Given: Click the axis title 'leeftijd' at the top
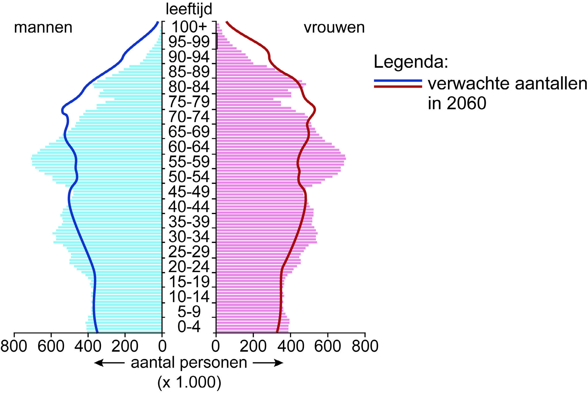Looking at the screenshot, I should [x=189, y=9].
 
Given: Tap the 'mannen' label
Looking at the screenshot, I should [x=43, y=28].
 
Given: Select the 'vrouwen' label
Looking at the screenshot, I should [x=334, y=28].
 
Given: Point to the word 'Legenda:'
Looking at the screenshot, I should [x=411, y=62].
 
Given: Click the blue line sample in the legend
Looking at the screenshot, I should [x=398, y=81].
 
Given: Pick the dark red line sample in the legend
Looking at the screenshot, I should [x=398, y=86].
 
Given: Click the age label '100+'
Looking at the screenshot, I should [x=189, y=27].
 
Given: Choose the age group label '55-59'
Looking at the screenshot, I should [x=189, y=162].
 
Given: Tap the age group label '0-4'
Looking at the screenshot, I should [x=189, y=327].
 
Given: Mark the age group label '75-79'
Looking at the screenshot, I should [x=189, y=102].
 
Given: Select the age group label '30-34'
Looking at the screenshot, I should [x=189, y=237].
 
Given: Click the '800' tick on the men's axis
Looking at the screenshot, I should [x=14, y=346].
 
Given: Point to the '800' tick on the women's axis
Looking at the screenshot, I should [x=365, y=346].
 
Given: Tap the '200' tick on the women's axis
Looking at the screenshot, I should [x=253, y=346].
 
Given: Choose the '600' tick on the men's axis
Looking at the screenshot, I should [x=51, y=346].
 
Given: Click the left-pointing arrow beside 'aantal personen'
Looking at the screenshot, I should [x=109, y=363].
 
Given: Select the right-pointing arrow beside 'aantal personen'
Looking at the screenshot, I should [x=268, y=363].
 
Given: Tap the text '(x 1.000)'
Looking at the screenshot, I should [x=189, y=382].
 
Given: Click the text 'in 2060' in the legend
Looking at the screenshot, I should [x=457, y=103].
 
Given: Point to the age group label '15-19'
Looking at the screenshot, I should [x=189, y=282].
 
